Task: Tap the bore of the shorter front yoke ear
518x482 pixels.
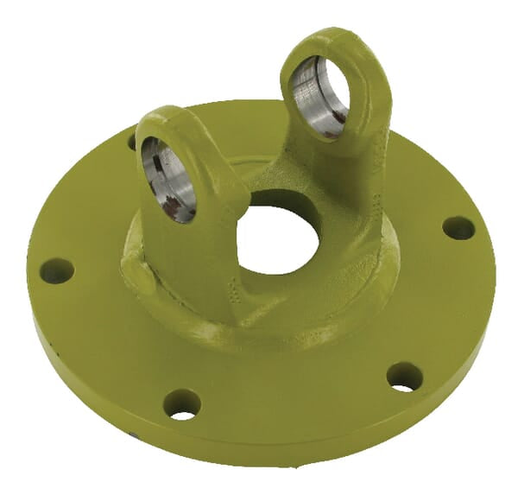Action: [169, 178]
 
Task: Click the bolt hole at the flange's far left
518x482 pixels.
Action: [57, 270]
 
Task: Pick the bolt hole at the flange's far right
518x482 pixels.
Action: [458, 228]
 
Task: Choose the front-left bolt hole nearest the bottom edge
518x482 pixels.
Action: [182, 403]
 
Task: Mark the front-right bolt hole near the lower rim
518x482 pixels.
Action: [404, 377]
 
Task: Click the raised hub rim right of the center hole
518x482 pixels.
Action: [363, 251]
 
